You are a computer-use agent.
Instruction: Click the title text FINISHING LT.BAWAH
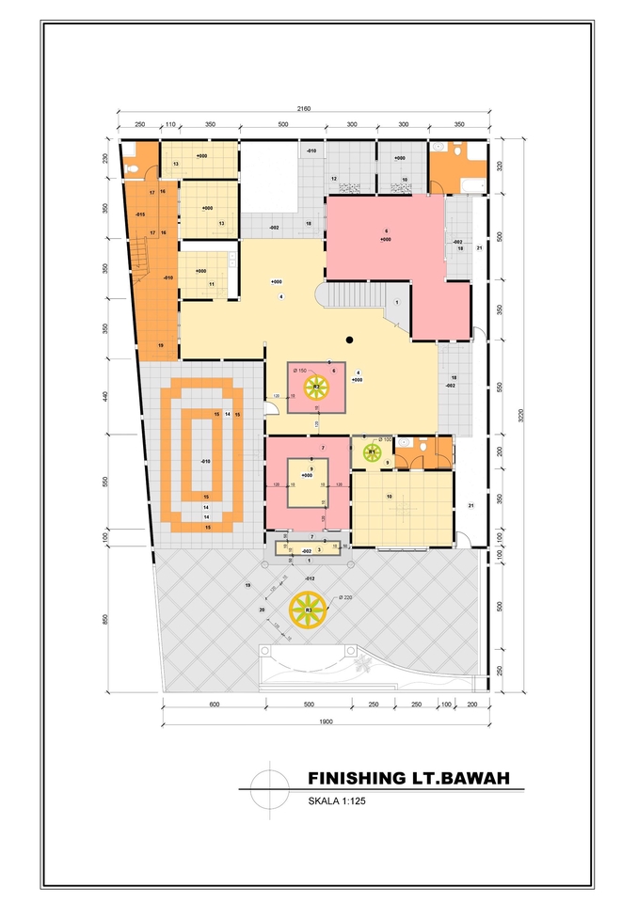tap(407, 778)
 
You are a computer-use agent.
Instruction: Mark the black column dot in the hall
tap(349, 339)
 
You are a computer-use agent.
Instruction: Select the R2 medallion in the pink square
tap(317, 387)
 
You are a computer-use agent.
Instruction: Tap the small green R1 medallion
tap(372, 452)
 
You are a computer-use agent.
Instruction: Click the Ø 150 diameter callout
tap(300, 371)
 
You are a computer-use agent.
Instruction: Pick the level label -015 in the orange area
tap(139, 214)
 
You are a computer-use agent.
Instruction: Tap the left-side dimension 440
tap(105, 397)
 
